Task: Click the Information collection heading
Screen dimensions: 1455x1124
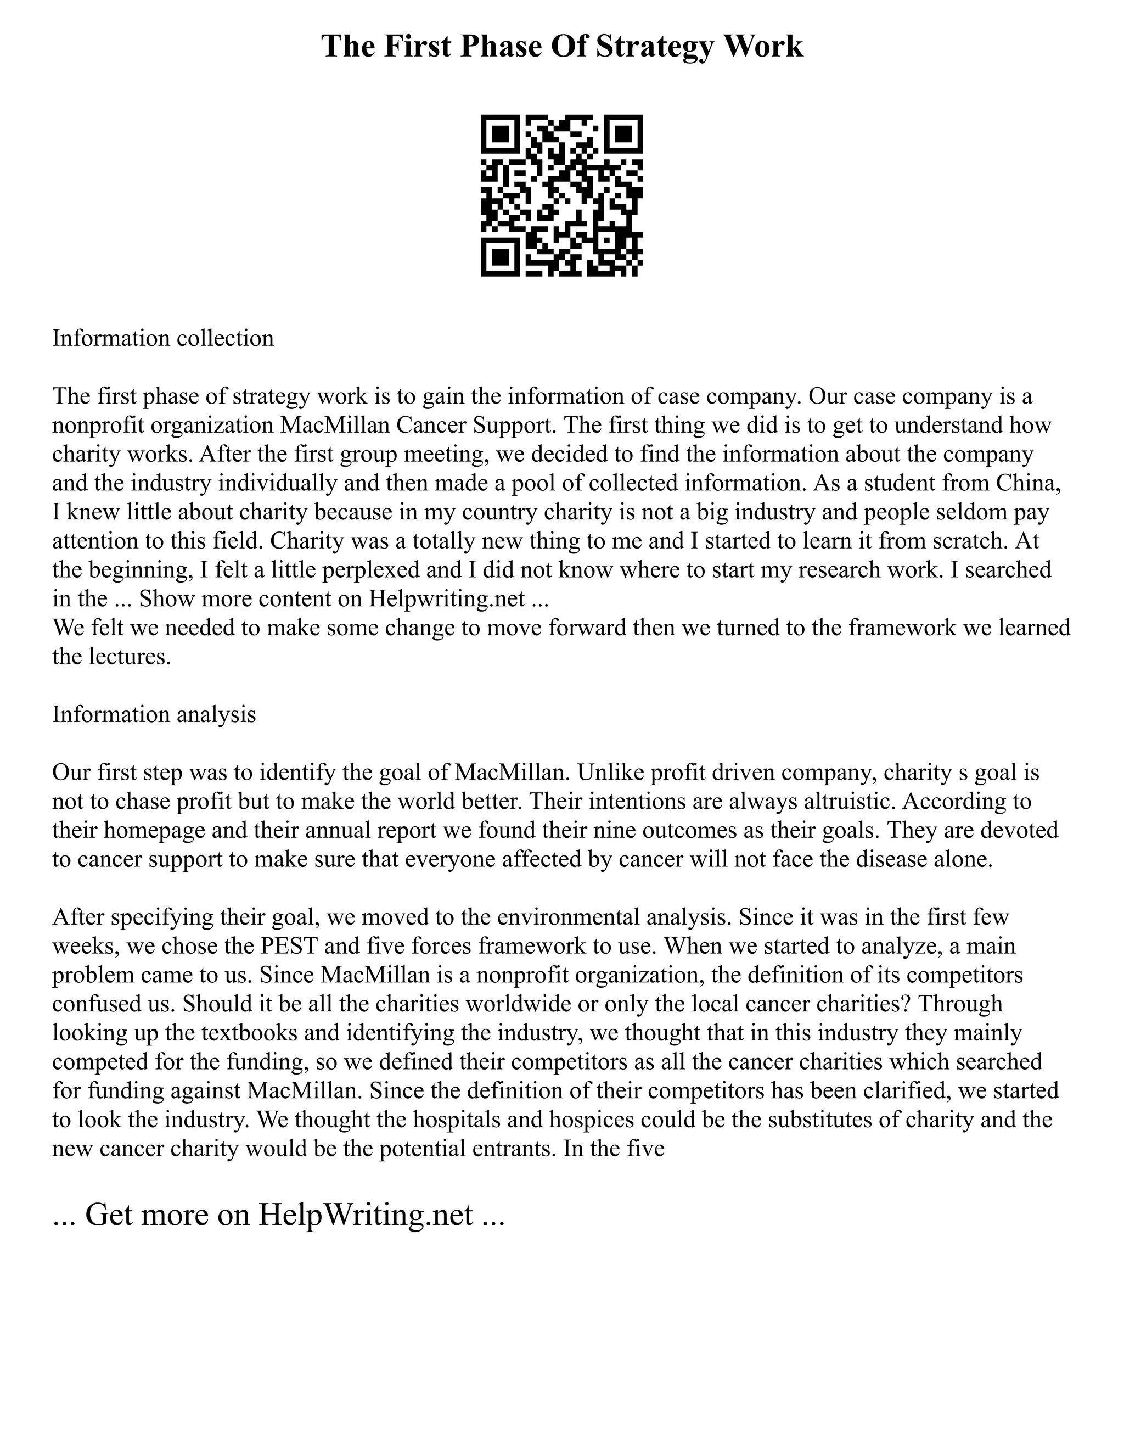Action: point(163,338)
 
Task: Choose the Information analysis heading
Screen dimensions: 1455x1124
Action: point(154,714)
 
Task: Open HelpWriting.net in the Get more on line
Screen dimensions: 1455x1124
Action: point(366,1215)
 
